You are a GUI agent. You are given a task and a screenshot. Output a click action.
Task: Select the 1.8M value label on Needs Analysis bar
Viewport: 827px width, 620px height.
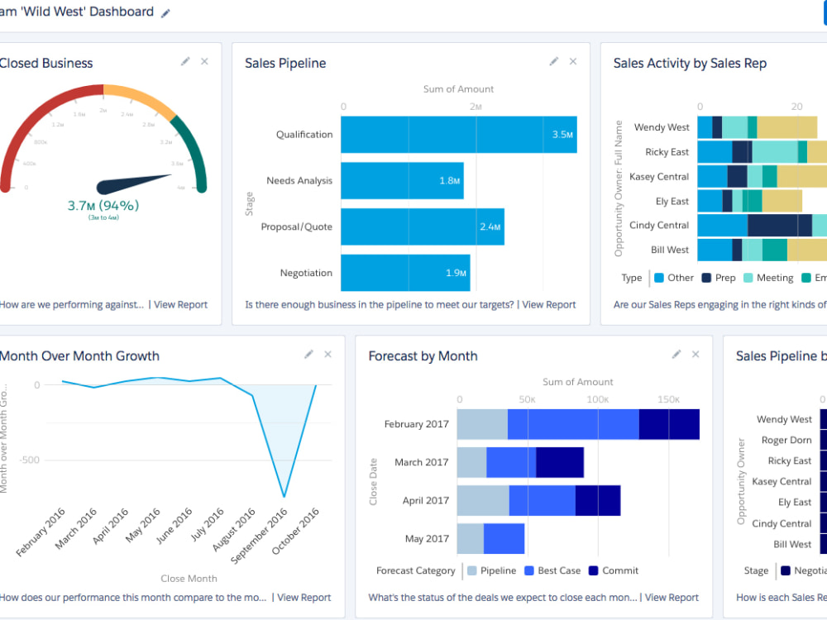tap(450, 181)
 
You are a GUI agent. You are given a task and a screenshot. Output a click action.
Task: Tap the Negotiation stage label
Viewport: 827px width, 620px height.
tap(306, 273)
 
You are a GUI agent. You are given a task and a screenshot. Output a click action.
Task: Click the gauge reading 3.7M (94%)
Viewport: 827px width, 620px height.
tap(103, 205)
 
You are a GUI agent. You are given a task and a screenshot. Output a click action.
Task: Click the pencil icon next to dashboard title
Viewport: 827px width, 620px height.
tap(165, 13)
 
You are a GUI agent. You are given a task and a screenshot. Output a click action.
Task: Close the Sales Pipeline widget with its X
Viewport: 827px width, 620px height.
tap(573, 62)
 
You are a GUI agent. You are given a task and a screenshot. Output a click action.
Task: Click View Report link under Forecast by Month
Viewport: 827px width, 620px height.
tap(672, 597)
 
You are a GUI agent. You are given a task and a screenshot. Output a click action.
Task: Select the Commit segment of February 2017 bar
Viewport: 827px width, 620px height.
tap(669, 424)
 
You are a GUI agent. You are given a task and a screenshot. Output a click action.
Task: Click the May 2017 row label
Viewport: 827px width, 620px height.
tap(427, 539)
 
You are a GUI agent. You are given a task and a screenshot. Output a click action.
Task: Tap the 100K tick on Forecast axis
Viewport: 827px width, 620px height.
tap(598, 399)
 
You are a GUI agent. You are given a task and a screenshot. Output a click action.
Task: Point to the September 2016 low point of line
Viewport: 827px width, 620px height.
tap(284, 497)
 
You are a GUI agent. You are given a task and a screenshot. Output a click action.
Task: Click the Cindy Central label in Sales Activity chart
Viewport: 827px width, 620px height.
tap(658, 226)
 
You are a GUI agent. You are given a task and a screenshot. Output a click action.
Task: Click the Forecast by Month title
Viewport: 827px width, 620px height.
tap(423, 356)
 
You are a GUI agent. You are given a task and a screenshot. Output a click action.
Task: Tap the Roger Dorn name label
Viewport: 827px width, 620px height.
tap(786, 441)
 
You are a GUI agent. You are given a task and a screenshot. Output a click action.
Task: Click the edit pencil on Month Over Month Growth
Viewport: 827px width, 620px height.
tap(308, 355)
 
